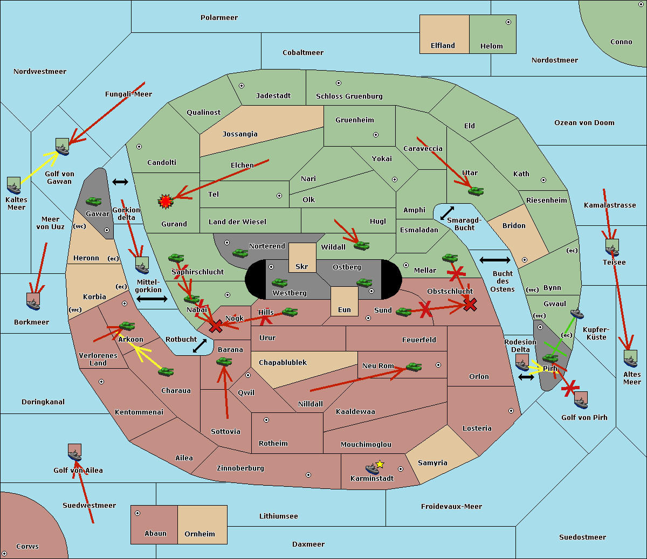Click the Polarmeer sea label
click(219, 18)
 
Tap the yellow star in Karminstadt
click(380, 464)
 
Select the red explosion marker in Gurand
click(165, 201)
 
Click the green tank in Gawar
click(94, 201)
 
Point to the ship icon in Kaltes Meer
click(13, 185)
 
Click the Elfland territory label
click(443, 46)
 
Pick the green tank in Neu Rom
click(414, 367)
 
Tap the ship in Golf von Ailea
click(75, 453)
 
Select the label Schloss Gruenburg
click(349, 96)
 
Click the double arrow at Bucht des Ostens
click(494, 260)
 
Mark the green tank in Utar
click(476, 191)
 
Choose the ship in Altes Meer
click(630, 358)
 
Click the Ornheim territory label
click(199, 534)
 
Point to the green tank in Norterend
click(240, 253)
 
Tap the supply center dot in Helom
click(508, 22)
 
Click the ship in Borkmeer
click(33, 302)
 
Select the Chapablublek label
click(283, 363)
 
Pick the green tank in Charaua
click(166, 371)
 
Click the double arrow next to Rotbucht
click(199, 346)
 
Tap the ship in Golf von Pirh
click(581, 400)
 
